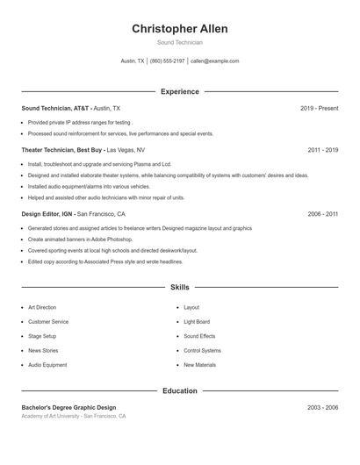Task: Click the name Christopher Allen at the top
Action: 179,29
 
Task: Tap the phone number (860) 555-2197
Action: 167,61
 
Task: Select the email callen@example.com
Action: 215,61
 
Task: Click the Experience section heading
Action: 179,91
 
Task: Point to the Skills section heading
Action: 179,287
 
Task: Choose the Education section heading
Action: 179,390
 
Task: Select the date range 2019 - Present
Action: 319,108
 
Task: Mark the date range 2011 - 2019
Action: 323,150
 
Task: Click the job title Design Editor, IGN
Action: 47,213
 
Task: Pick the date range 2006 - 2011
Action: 323,213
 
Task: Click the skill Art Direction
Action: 42,308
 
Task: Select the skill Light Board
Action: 197,322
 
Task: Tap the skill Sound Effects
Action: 199,336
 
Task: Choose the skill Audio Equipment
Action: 47,364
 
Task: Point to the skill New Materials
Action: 200,364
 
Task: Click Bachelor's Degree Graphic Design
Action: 68,408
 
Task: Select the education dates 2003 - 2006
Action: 323,408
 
